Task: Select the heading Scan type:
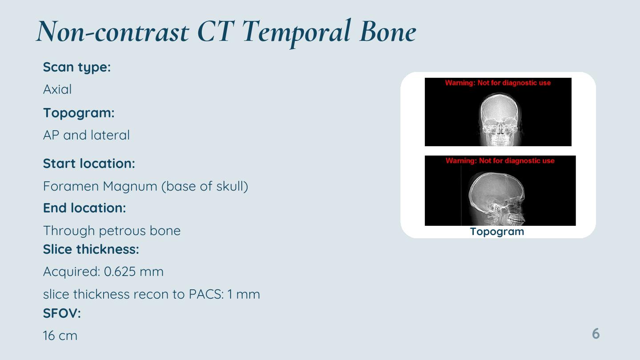point(77,68)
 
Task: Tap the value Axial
point(57,89)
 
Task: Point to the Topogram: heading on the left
point(79,113)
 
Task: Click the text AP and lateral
point(86,135)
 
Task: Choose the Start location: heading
point(89,164)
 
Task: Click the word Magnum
point(130,187)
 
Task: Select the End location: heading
point(84,208)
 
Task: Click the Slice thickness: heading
point(91,249)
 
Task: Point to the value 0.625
point(120,272)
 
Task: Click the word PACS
point(206,294)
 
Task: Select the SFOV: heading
point(62,313)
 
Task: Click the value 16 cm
point(60,336)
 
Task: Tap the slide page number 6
point(596,334)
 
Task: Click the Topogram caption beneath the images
point(497,232)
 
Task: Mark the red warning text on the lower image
point(500,160)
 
